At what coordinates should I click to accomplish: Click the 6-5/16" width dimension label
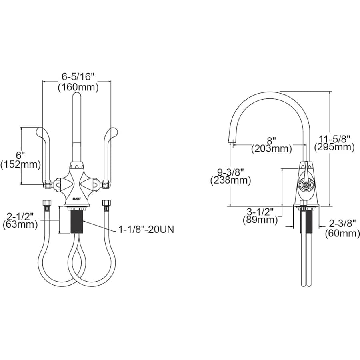point(78,76)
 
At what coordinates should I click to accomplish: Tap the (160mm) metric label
point(78,88)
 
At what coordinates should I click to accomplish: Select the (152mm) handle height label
point(21,164)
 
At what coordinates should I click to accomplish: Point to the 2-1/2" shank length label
point(20,216)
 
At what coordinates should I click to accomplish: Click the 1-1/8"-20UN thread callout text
point(146,229)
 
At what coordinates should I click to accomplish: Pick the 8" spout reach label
point(271,140)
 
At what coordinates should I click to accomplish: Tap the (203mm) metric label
point(271,149)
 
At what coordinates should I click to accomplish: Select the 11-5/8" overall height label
point(334,139)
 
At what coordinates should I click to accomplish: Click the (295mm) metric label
point(334,147)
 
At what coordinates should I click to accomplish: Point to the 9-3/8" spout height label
point(230,172)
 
